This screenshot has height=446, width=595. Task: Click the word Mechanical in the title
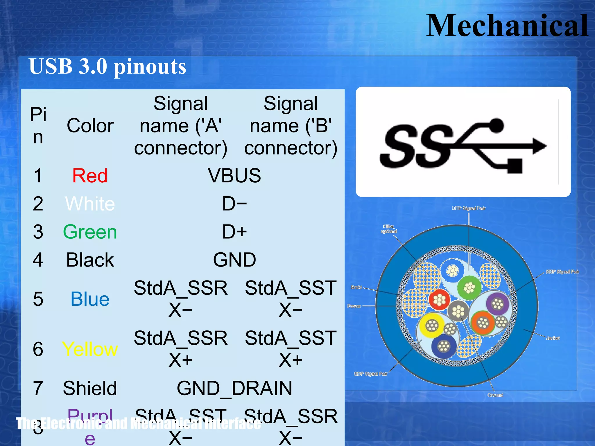pyautogui.click(x=507, y=26)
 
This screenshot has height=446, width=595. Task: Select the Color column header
pyautogui.click(x=90, y=126)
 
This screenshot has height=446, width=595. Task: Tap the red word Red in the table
pyautogui.click(x=90, y=176)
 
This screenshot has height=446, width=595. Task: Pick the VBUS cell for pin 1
pyautogui.click(x=234, y=176)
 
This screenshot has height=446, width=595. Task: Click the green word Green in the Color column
pyautogui.click(x=90, y=232)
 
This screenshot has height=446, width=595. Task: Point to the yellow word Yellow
pyautogui.click(x=90, y=349)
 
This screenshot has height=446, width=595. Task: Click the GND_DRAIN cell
pyautogui.click(x=234, y=388)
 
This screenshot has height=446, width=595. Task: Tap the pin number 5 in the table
pyautogui.click(x=38, y=299)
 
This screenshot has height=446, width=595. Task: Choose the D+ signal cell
pyautogui.click(x=234, y=232)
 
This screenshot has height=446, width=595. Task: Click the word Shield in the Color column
pyautogui.click(x=90, y=388)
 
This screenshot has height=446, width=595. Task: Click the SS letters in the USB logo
pyautogui.click(x=415, y=147)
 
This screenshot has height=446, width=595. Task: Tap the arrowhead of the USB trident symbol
pyautogui.click(x=539, y=146)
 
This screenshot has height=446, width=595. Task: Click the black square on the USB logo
pyautogui.click(x=515, y=166)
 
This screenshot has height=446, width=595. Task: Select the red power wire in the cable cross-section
pyautogui.click(x=439, y=300)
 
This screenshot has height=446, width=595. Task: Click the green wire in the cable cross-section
pyautogui.click(x=469, y=288)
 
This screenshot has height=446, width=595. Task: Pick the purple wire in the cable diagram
pyautogui.click(x=497, y=304)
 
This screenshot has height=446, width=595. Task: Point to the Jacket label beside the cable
pyautogui.click(x=553, y=338)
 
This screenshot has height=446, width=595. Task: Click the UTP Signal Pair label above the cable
pyautogui.click(x=468, y=208)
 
